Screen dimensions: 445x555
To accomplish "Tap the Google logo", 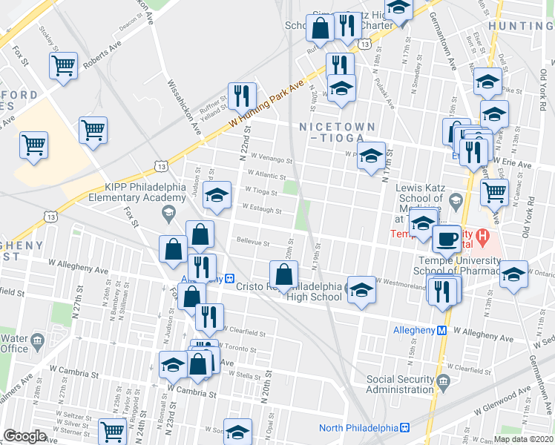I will coord(24,435).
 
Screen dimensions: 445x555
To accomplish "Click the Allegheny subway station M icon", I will coord(441,330).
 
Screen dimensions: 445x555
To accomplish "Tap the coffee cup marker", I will coord(446,239).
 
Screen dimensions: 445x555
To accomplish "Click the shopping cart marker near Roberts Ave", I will coord(64,65).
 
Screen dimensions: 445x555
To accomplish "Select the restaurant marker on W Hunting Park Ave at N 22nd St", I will coord(241,94).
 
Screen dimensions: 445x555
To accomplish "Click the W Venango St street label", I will coord(272,159).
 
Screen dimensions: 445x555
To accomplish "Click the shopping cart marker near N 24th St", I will coord(112,430).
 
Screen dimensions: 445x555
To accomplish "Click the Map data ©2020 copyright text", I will coord(523,438).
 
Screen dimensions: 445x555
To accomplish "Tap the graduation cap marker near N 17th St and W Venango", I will coord(372,156).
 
